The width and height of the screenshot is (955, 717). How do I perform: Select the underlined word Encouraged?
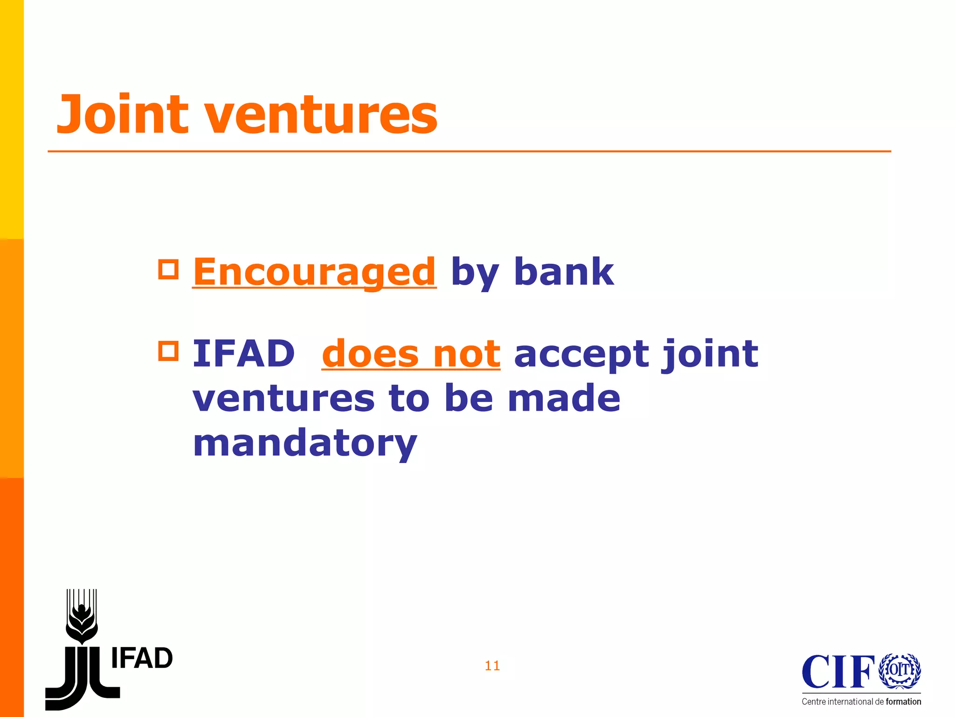tap(314, 272)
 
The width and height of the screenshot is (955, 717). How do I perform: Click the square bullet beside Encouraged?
tap(168, 269)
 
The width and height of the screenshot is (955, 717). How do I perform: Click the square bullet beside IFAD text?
tap(168, 351)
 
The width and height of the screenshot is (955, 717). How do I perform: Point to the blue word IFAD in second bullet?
tap(244, 353)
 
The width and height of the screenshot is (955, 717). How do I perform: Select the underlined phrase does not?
tap(411, 353)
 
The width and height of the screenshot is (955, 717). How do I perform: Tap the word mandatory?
tap(305, 443)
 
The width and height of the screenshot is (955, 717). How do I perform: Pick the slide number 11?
tap(492, 666)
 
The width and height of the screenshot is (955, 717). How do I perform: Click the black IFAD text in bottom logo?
tap(142, 659)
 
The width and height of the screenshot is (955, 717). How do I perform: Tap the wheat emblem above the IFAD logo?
tap(82, 616)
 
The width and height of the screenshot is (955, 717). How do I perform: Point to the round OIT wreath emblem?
tap(900, 670)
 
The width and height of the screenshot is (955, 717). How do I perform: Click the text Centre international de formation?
tap(861, 702)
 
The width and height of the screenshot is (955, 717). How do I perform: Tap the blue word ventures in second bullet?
tap(284, 399)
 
